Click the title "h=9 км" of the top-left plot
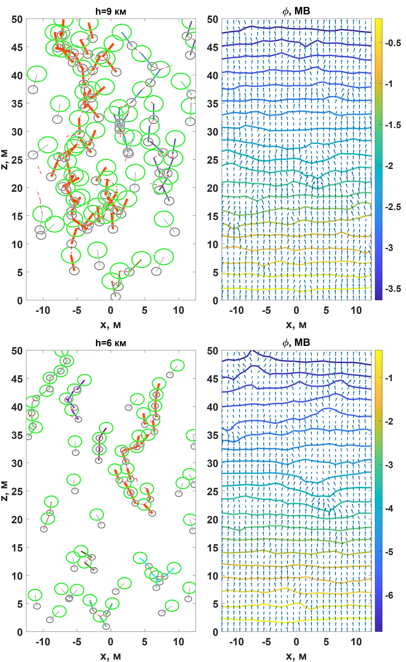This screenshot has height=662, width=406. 111,11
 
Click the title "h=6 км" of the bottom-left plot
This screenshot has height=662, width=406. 111,343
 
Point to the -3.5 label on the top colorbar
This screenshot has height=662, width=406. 393,289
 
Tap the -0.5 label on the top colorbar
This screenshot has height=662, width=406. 393,43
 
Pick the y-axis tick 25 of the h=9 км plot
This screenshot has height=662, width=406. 17,160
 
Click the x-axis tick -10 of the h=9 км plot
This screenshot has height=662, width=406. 43,311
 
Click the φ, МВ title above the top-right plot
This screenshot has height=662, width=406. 296,11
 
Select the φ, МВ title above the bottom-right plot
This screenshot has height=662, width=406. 296,343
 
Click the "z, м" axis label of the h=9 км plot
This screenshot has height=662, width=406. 5,160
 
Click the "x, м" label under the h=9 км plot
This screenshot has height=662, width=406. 111,325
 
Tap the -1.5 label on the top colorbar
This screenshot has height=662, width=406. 393,125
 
